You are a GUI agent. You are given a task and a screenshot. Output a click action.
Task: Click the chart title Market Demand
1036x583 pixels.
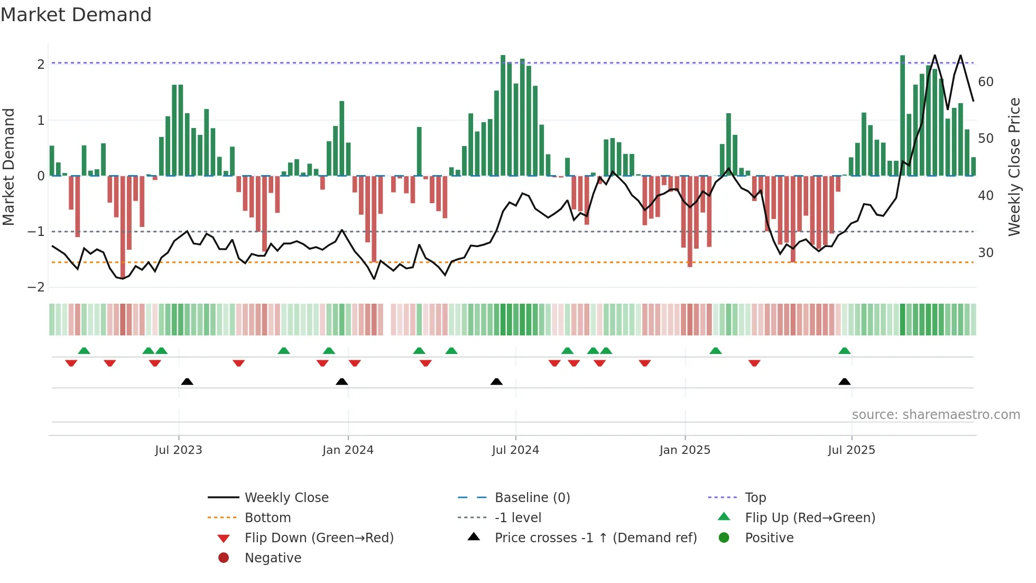point(76,15)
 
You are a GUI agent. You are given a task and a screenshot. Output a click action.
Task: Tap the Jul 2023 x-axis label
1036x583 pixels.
point(179,450)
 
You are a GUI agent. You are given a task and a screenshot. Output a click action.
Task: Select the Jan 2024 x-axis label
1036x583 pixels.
point(348,450)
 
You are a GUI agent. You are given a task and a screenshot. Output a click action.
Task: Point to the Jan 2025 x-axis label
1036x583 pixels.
point(685,450)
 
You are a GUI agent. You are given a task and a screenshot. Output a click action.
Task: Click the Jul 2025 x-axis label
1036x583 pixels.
point(852,450)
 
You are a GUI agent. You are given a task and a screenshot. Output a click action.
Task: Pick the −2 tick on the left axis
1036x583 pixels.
point(36,287)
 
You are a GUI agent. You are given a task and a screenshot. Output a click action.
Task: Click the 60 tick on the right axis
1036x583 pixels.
point(986,82)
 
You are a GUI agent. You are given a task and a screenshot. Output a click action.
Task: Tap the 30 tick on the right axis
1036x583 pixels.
point(986,253)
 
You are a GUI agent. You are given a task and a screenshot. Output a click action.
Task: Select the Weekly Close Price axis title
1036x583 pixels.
point(1014,167)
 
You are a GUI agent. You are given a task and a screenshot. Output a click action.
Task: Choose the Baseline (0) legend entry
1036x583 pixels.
point(532,498)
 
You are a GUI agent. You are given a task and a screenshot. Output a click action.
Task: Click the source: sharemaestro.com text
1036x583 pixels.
point(936,415)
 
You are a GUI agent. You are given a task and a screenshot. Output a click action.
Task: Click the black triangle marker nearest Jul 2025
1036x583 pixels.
point(845,382)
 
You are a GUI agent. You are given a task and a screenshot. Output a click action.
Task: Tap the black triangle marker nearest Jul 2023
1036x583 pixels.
point(187,382)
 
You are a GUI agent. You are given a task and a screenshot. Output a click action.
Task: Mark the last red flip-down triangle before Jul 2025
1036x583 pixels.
point(754,363)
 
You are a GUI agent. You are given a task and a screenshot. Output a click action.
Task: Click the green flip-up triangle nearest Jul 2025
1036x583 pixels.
point(845,351)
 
